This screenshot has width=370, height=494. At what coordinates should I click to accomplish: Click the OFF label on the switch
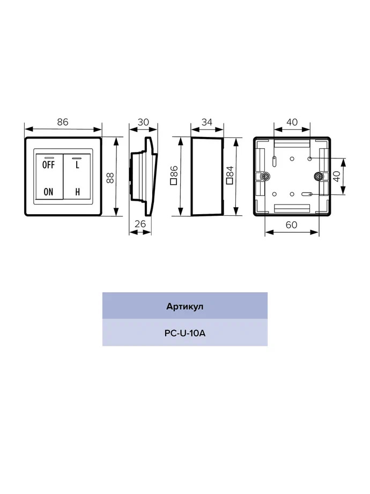tap(48, 164)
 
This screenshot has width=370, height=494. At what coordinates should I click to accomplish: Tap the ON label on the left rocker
tap(48, 192)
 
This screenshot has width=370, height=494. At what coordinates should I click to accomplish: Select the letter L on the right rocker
tap(77, 164)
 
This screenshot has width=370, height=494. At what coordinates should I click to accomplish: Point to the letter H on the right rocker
tap(77, 192)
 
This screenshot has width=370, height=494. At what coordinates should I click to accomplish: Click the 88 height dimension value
tap(110, 178)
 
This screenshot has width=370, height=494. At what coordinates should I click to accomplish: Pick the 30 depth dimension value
tap(143, 122)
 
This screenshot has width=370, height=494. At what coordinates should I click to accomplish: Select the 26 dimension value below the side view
tap(140, 224)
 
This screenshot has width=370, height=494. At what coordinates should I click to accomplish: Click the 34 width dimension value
tap(206, 122)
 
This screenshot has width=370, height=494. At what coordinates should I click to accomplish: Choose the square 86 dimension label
tap(174, 175)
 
